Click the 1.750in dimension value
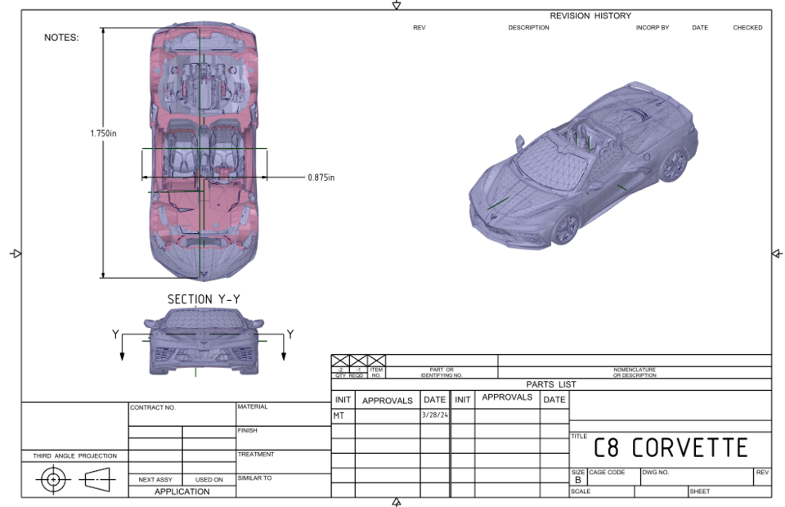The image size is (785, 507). point(103,133)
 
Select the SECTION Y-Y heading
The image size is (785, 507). point(204,299)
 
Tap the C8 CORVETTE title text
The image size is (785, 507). point(670,447)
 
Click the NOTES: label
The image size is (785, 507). point(61,38)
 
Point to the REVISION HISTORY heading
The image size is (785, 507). point(590,16)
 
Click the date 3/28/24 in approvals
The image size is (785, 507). point(434,415)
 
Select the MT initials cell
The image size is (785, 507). point(339,415)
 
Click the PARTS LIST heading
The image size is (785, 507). point(550,384)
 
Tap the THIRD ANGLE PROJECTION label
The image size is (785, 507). point(74,455)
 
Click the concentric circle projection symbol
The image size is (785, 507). point(53,480)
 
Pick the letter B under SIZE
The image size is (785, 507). point(578,480)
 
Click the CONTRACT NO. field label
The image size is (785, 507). point(153,407)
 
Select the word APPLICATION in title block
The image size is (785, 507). point(182,491)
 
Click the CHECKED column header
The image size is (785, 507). point(747,28)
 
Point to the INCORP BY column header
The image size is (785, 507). point(652,28)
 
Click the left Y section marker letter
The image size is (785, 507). point(115,334)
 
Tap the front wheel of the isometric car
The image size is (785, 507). point(565,228)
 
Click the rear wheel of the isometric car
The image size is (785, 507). point(674,164)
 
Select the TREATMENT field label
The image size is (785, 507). point(256,454)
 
